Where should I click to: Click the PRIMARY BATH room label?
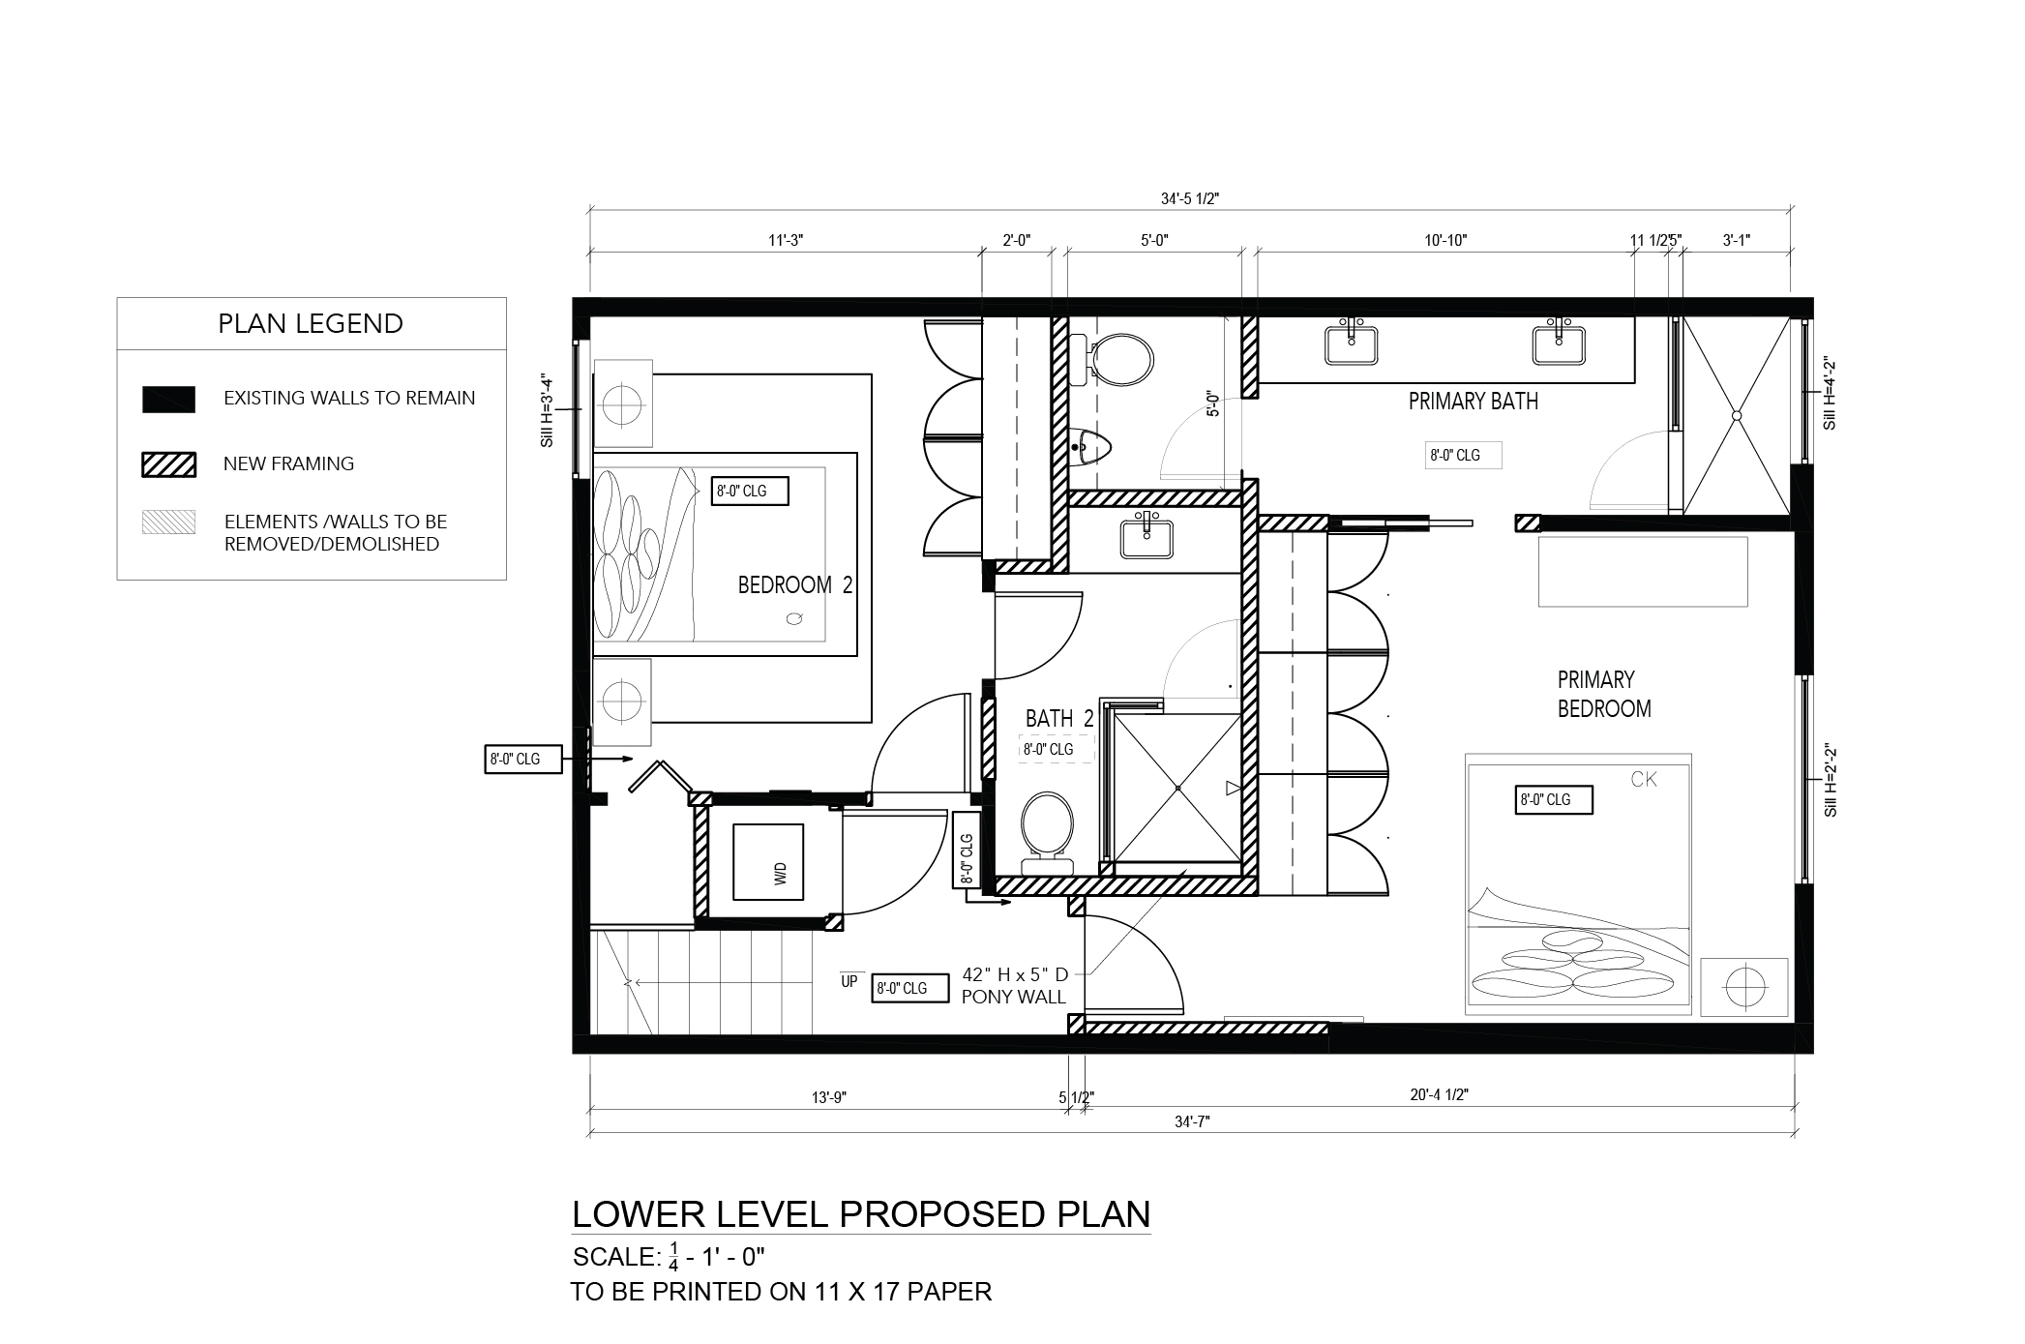[1473, 402]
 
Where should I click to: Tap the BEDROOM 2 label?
[795, 585]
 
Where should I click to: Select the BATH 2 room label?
[1059, 719]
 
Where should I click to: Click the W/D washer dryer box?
[768, 861]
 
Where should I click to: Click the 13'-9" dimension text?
[830, 1097]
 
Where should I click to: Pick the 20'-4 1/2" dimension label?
[1440, 1094]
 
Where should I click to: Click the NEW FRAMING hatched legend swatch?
[169, 464]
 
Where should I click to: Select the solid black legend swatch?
[169, 400]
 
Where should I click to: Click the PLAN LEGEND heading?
[311, 323]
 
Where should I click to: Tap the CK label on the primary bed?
[1644, 779]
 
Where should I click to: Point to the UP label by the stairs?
[849, 981]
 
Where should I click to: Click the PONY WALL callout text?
[1013, 997]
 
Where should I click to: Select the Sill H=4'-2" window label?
[1829, 395]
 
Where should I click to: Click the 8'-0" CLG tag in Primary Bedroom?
[1554, 800]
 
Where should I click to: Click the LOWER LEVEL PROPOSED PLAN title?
[861, 1213]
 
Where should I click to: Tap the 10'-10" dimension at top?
[1445, 241]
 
